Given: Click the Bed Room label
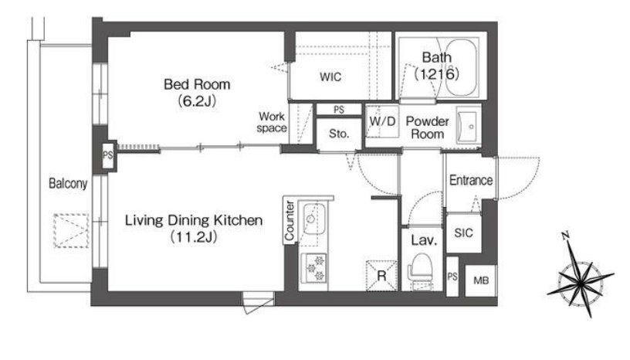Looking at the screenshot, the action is point(197,84).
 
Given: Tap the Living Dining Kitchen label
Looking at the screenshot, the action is point(194,220).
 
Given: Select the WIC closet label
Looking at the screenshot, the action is point(330,76).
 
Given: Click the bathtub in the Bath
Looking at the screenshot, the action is point(461,67).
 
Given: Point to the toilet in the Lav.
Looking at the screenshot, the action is point(421,270).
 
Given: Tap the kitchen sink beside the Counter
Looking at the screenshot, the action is point(313,219).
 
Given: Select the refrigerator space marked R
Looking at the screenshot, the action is point(381,276).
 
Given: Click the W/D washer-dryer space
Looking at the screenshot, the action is point(382,121).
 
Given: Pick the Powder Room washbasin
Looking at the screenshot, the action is point(468,126).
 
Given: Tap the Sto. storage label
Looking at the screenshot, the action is point(339,134).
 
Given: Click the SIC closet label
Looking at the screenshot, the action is point(463,233).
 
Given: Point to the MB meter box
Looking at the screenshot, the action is point(481,280).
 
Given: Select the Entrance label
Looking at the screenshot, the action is point(470,180).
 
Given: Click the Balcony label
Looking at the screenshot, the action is point(68,183).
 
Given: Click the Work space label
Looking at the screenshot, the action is point(272,122).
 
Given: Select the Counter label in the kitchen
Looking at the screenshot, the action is point(290,220).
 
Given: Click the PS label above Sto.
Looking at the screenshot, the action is point(339,110).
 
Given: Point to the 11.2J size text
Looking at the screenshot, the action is point(194,237).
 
